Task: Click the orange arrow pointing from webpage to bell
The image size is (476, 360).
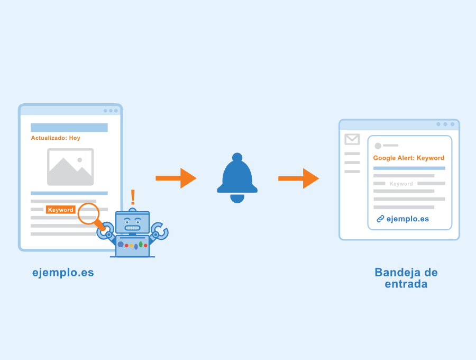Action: (x=176, y=178)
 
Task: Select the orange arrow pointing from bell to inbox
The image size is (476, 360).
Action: (x=298, y=178)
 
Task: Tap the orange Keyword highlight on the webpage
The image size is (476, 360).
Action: (x=60, y=210)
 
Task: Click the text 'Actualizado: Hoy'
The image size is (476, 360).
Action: (x=56, y=138)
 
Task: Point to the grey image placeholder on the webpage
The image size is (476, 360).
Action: (x=70, y=167)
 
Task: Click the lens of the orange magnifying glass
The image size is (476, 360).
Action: (x=89, y=213)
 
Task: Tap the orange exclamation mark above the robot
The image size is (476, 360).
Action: (x=133, y=197)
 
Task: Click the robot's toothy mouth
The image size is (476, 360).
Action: (x=133, y=228)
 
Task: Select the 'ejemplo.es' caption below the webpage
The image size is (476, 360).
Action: (x=63, y=273)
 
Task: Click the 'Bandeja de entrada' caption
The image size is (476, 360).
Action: (x=406, y=278)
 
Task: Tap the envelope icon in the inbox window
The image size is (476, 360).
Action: (x=352, y=139)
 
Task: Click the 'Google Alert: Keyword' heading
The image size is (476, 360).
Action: (x=409, y=158)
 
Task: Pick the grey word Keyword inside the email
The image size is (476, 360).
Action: (x=401, y=184)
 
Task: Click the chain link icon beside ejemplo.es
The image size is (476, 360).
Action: (x=380, y=219)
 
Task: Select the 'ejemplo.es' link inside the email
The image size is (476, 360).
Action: (x=408, y=219)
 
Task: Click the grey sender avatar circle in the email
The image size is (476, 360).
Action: (x=378, y=146)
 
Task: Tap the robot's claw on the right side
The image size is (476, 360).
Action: (x=160, y=231)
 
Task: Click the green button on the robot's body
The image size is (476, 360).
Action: (x=141, y=244)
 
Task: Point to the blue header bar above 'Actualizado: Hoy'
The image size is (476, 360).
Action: (x=69, y=128)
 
